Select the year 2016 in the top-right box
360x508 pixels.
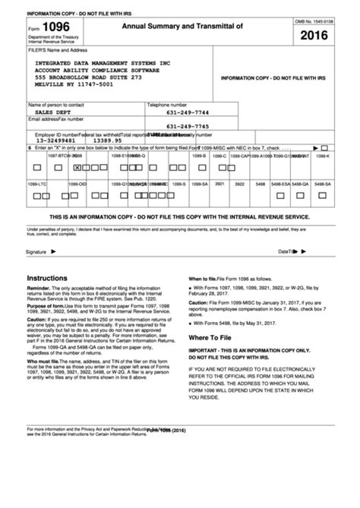pyautogui.click(x=314, y=36)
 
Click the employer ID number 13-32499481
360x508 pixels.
pyautogui.click(x=51, y=140)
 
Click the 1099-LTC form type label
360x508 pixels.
pyautogui.click(x=37, y=184)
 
